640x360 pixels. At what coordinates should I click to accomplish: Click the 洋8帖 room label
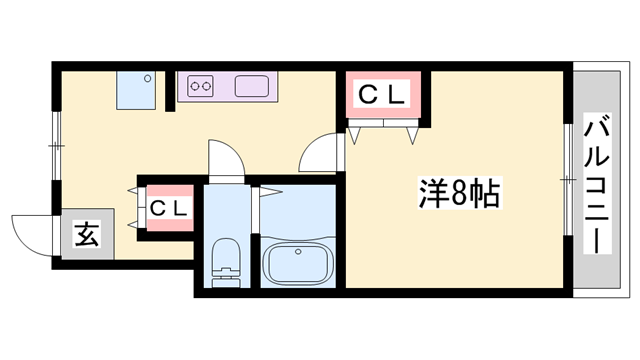459,193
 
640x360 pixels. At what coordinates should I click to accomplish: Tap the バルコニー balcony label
597,183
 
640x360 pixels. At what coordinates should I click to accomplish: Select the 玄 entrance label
87,234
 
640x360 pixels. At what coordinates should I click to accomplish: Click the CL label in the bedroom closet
382,95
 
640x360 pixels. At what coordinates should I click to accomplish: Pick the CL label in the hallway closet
169,209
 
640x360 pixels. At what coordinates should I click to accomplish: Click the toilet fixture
225,262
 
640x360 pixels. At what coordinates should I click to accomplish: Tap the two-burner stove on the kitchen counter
200,86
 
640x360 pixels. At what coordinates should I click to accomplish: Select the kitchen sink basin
251,86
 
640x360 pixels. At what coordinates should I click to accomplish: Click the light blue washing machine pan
136,90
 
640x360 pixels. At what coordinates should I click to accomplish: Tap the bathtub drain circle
298,252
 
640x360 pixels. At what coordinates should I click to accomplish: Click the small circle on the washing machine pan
147,79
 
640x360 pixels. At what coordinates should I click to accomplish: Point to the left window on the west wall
56,145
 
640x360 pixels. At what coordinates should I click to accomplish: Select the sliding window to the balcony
568,179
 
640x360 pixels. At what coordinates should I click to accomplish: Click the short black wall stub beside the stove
170,91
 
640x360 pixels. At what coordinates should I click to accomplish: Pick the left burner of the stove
195,86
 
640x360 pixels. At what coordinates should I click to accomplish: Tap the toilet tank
225,282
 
